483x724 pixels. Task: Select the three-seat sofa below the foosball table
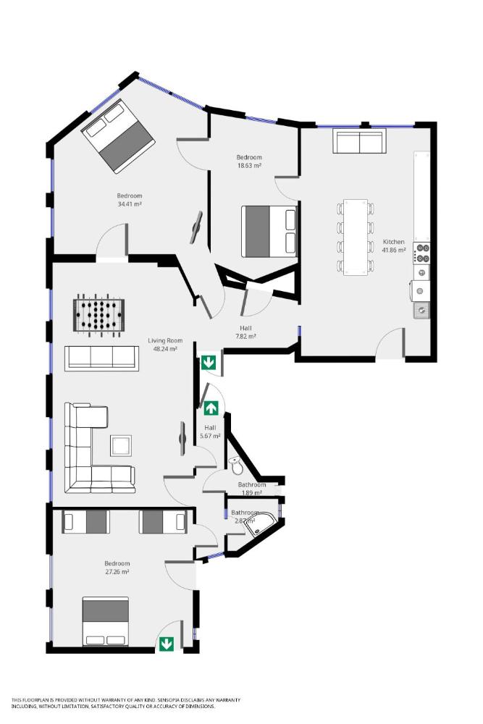101,358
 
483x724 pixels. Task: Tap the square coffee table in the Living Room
121,445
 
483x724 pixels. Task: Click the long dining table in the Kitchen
355,237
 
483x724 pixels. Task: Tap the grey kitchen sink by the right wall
421,311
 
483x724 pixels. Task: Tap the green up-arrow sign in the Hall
211,408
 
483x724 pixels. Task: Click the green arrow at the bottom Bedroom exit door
167,643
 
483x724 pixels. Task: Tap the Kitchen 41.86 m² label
394,245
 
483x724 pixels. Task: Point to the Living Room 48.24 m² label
165,344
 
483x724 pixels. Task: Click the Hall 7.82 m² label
246,332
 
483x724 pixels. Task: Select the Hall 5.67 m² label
210,432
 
